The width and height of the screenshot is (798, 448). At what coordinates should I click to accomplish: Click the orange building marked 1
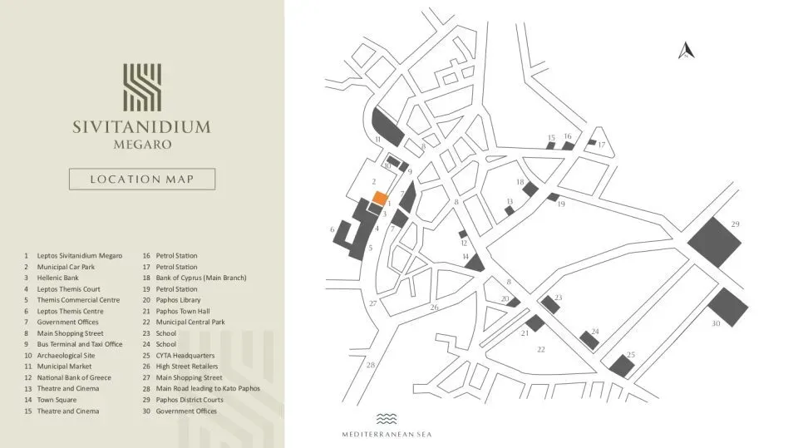coord(379,198)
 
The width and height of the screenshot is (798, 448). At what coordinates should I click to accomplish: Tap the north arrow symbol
coord(686,52)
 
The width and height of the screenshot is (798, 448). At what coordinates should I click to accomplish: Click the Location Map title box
coord(142,179)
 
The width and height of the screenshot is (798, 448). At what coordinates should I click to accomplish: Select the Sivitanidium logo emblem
coord(142,86)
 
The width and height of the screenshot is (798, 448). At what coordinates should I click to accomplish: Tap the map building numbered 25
coord(620,365)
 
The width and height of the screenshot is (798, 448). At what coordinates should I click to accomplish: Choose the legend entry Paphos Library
coord(178,300)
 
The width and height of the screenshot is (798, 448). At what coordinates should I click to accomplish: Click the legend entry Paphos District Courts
coord(190,400)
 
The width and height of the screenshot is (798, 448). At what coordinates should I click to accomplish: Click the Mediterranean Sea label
coord(387,434)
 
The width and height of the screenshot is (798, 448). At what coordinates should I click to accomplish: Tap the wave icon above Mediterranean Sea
coord(387,419)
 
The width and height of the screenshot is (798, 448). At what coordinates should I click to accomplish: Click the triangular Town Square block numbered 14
coord(475,263)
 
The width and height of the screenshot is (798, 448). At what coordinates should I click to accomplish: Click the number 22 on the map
coord(540,349)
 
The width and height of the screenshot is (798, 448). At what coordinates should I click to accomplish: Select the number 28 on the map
coord(371,365)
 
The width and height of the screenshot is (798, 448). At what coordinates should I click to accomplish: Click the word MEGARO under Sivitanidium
coord(141,144)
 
